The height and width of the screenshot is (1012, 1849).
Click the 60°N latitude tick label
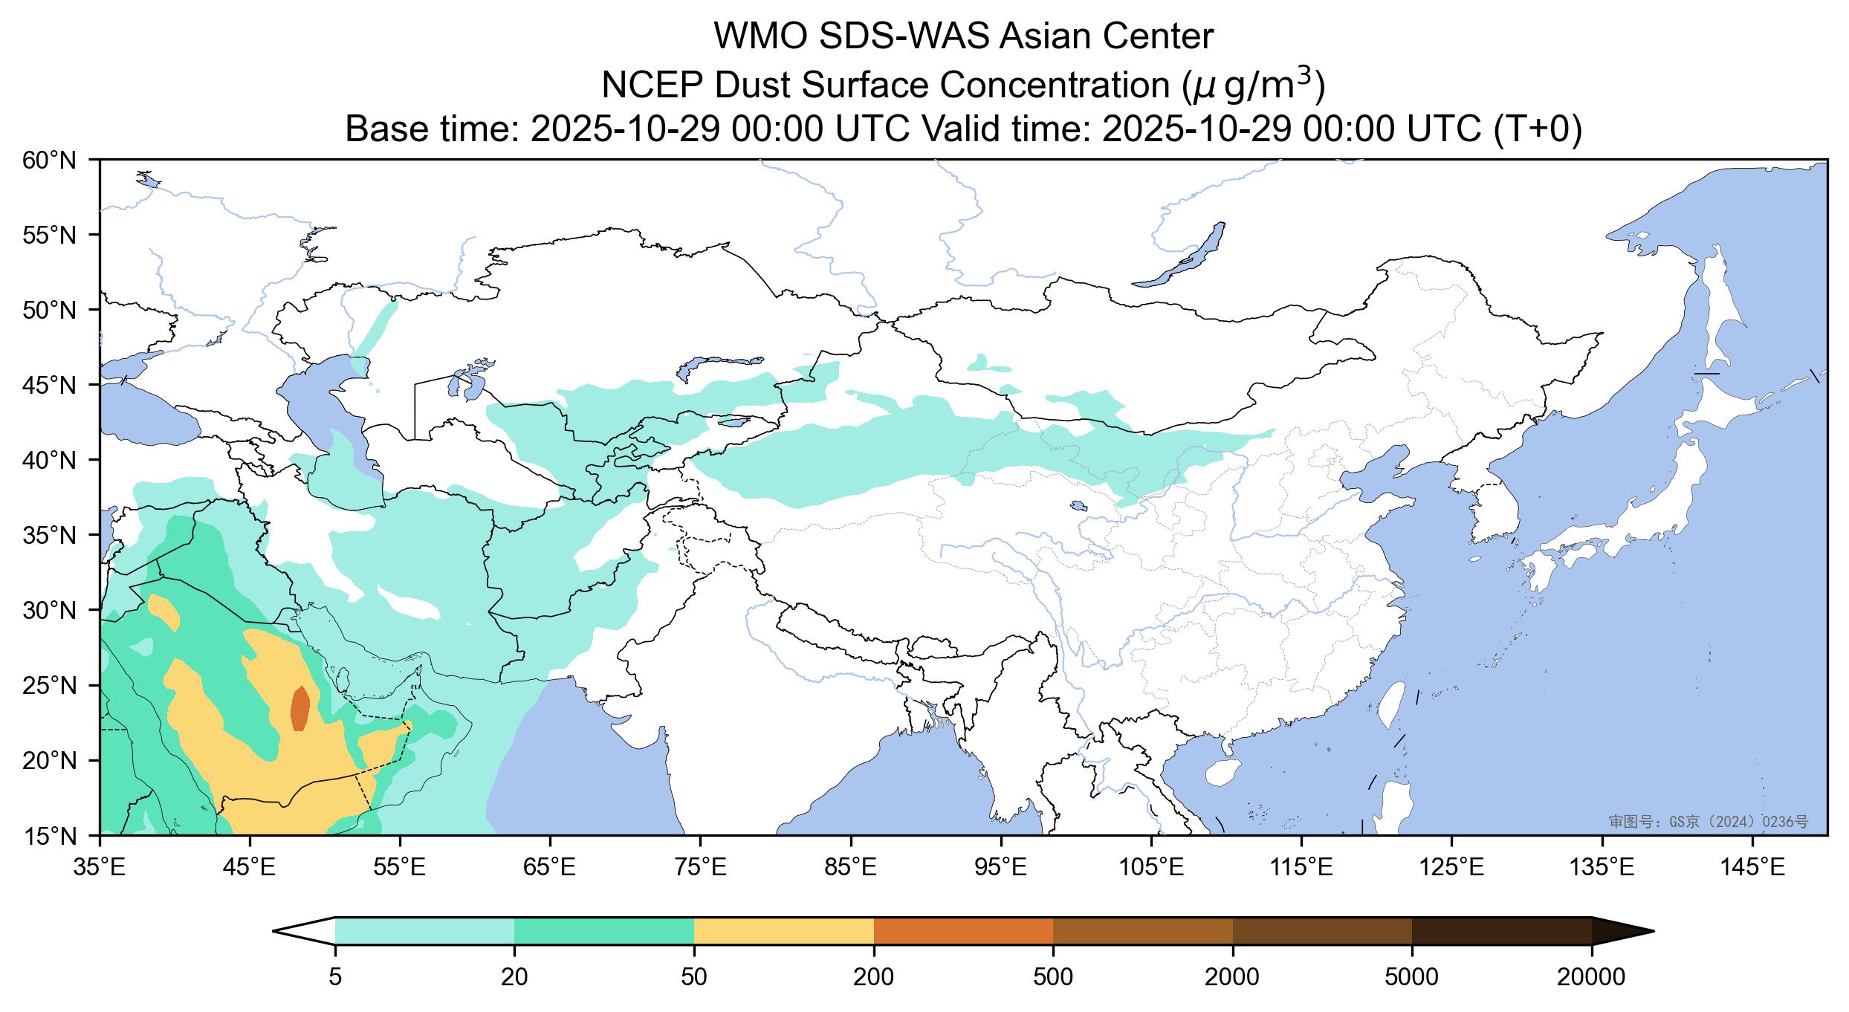coord(56,160)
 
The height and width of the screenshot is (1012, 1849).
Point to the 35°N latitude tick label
coord(56,535)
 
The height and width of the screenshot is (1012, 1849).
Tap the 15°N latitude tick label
coord(56,836)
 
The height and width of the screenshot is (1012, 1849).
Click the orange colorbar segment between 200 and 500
coord(963,931)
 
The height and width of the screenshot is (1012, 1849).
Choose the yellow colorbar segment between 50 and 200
coord(783,931)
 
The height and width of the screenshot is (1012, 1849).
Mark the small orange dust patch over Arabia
coord(300,708)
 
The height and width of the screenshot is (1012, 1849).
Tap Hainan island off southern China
coord(1221,773)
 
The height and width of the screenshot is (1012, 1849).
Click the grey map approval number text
coord(1708,821)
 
